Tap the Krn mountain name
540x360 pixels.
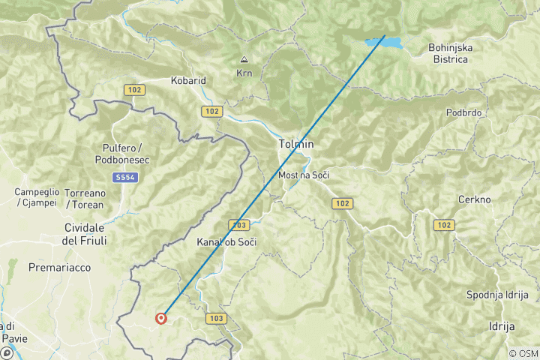pos(244,73)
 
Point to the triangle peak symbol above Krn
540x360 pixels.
pos(244,59)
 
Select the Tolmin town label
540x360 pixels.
pos(295,144)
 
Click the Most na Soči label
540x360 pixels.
pos(304,175)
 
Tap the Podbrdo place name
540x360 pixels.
pos(463,112)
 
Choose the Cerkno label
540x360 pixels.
pos(474,199)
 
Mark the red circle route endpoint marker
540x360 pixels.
pos(161,318)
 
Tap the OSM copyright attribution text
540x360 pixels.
pos(523,353)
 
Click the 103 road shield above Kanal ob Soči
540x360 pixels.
pos(239,225)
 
